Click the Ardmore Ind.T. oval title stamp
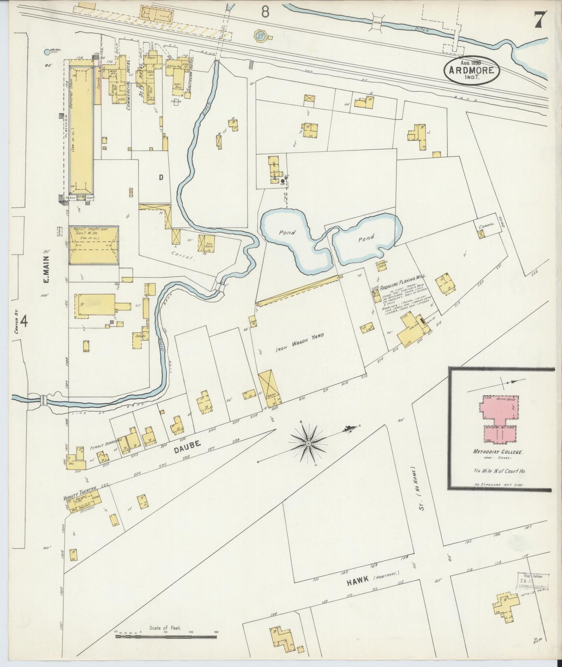[x=472, y=70]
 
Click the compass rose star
[x=308, y=443]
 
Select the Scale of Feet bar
[x=166, y=637]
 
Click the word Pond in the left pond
[x=287, y=232]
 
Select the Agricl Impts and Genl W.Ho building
[x=94, y=246]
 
